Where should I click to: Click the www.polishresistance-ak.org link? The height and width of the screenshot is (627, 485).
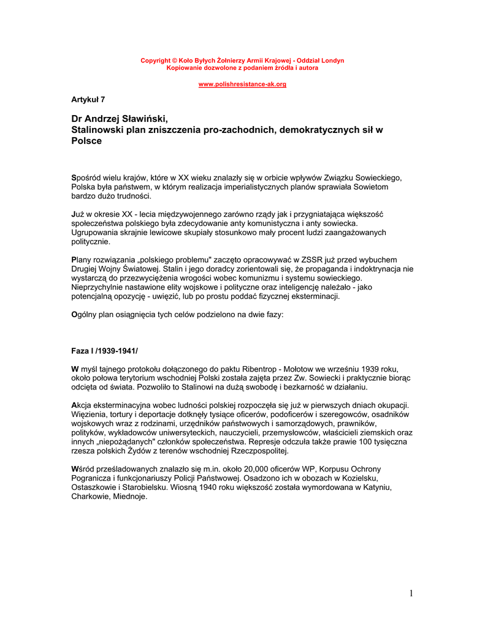click(x=242, y=84)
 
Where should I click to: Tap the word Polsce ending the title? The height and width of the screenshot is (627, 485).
click(x=86, y=141)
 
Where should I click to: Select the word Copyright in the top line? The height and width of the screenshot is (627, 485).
click(x=155, y=61)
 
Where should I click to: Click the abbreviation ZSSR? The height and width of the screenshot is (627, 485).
click(x=297, y=260)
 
